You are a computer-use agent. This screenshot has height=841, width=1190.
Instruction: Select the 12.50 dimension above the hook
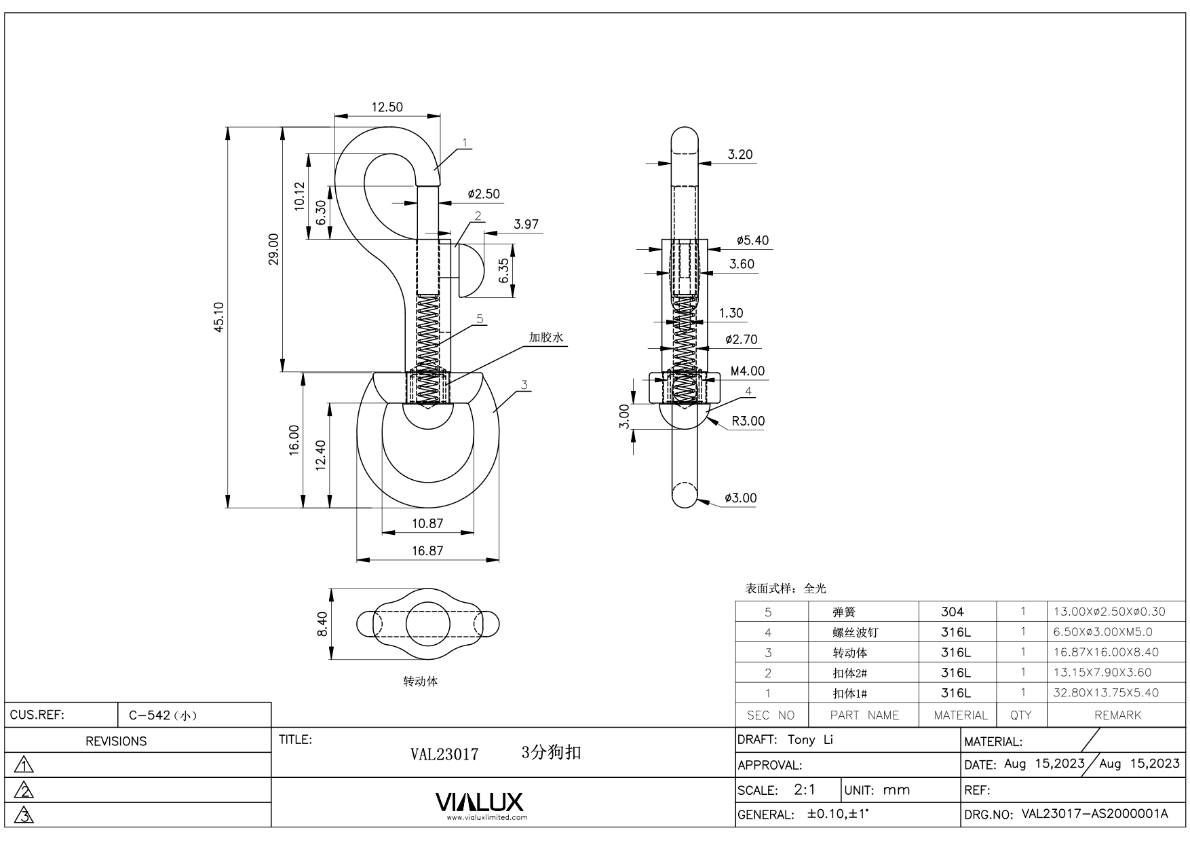387,107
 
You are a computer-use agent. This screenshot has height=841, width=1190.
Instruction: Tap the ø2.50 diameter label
484,194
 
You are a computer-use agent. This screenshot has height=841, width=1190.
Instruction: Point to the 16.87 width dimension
427,550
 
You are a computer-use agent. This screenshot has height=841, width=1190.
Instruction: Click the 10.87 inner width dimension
427,523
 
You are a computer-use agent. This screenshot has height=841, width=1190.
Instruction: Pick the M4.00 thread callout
747,371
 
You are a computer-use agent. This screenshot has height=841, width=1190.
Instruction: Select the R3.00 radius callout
748,421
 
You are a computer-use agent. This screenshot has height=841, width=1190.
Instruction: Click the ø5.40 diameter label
752,240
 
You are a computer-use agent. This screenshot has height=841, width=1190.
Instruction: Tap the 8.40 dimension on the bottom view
322,624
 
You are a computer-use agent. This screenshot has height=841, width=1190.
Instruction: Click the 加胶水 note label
547,337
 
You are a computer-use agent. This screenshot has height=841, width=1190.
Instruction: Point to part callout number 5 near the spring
480,318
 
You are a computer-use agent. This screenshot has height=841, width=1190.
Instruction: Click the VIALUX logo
480,803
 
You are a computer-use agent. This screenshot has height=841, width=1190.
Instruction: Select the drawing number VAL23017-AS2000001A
1094,814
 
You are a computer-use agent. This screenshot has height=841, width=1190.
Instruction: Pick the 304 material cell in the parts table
952,612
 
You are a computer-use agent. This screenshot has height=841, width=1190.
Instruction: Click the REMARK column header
1117,715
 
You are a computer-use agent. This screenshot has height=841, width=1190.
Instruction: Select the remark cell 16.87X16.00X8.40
1106,652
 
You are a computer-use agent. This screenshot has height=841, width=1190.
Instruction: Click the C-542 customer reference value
162,715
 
